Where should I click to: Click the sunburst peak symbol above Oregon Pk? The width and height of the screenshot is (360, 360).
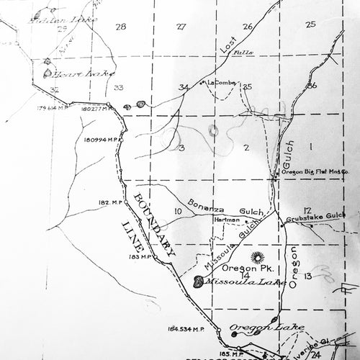pos(257,257)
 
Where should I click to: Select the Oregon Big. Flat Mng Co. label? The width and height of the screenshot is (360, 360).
pos(315,172)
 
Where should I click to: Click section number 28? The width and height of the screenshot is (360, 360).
pos(120,27)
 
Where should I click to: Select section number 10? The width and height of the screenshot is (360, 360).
pos(176,211)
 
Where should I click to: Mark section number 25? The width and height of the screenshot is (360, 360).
pos(310,24)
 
